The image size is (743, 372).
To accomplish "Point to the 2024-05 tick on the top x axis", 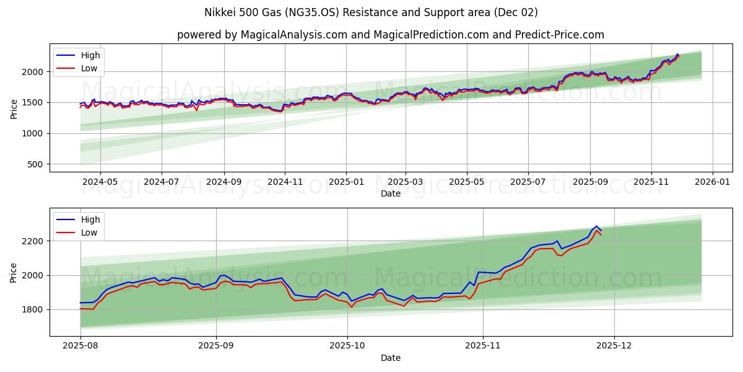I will click(x=100, y=183).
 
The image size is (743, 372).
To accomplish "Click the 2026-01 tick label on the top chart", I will click(x=712, y=183).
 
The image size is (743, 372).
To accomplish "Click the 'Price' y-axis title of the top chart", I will click(x=14, y=108).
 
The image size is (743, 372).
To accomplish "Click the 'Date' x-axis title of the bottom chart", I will click(x=390, y=358).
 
